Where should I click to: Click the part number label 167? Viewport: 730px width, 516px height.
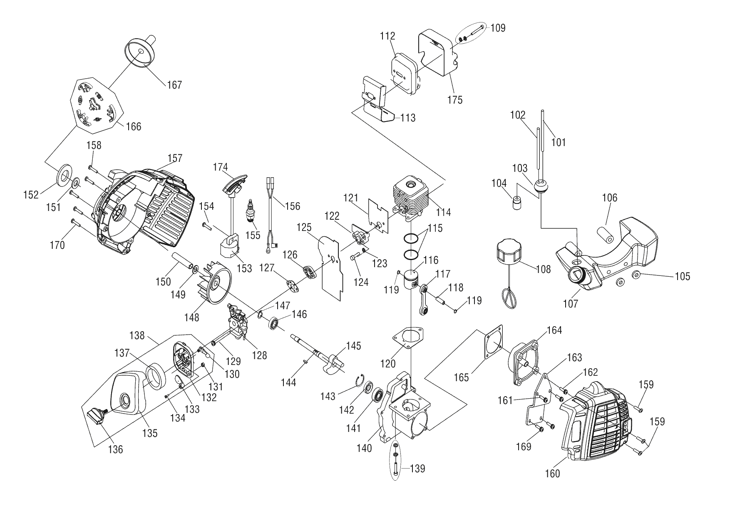click(174, 85)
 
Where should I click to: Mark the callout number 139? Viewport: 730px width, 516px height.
click(417, 469)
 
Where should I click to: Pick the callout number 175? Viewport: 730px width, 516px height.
click(455, 100)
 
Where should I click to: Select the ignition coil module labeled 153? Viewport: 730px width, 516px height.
click(229, 249)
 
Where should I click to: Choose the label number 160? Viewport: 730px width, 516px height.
click(552, 474)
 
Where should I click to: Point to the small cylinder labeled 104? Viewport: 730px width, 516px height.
click(517, 203)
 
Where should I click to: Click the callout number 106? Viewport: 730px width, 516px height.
click(610, 198)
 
